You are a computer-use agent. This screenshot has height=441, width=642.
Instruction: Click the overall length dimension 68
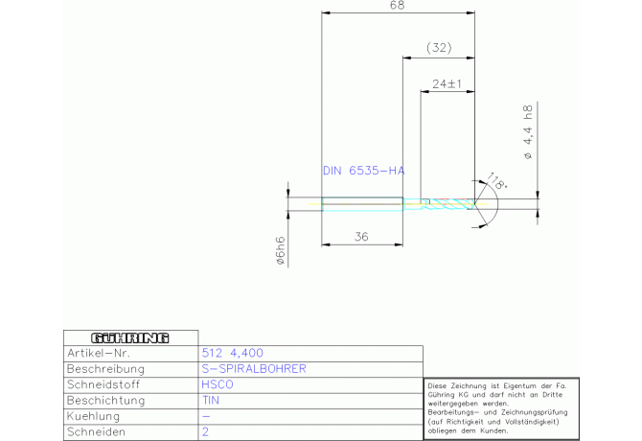point(398,6)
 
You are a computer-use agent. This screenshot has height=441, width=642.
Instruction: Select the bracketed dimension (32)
point(439,48)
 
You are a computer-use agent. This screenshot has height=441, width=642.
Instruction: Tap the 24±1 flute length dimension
point(447,83)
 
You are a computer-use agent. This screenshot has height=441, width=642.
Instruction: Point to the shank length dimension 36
point(361,237)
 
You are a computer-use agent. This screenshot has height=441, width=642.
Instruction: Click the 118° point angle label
point(497,181)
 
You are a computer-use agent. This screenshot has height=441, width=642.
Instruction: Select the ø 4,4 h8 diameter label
point(528,132)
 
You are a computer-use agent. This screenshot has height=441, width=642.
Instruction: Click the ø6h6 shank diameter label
point(281,250)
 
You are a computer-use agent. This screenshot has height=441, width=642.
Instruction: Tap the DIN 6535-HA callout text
point(363,171)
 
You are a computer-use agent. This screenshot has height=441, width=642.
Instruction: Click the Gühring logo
point(130,337)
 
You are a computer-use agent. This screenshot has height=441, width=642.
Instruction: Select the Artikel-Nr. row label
point(99,353)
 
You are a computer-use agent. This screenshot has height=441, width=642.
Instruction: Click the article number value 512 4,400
point(232,353)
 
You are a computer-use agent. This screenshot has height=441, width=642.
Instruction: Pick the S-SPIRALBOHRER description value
point(254,368)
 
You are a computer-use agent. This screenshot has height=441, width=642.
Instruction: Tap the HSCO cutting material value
point(218,384)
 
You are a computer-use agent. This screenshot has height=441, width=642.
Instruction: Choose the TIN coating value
point(211,400)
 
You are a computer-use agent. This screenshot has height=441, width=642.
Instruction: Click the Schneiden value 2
point(205,431)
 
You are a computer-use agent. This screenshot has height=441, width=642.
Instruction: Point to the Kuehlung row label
point(93,416)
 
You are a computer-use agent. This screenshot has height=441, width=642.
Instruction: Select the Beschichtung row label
point(106,401)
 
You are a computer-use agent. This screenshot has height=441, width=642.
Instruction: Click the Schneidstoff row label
point(103,384)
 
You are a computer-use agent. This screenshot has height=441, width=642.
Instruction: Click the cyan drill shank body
point(362,204)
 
